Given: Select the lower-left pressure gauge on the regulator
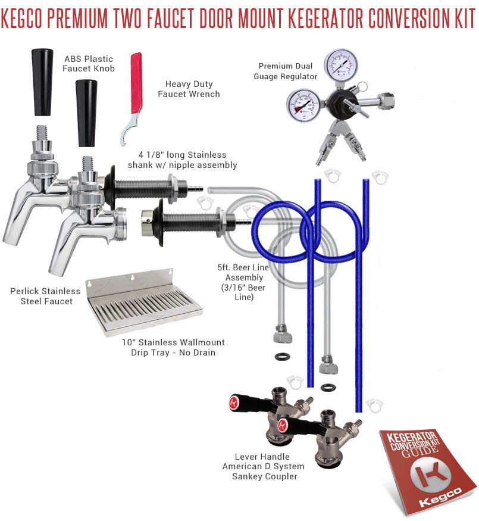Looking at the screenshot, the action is (303, 105).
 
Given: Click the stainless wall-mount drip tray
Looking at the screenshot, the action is (143, 303).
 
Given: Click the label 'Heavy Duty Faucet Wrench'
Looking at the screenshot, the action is (189, 89).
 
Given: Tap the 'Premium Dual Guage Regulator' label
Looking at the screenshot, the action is (286, 71).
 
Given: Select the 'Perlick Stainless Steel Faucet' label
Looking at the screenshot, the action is (45, 296).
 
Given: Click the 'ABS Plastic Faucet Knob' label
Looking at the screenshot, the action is (89, 64).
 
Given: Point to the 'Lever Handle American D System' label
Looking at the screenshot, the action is (263, 461).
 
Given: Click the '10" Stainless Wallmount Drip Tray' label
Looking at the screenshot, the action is (173, 347).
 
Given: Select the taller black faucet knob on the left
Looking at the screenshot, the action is (42, 82).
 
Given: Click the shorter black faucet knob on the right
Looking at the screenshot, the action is (86, 113).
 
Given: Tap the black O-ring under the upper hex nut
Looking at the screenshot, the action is (283, 357).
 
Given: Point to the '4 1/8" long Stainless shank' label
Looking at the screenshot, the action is (182, 160).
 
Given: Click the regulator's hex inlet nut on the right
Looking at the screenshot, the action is (387, 99).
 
